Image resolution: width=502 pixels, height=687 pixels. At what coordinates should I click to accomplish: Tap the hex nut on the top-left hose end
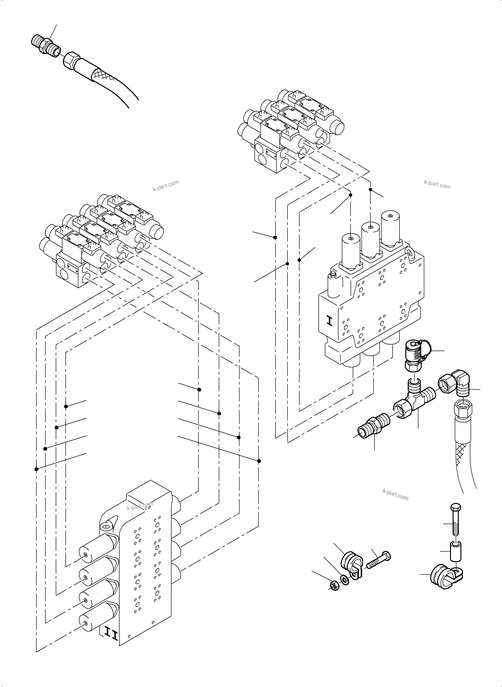coord(72,60)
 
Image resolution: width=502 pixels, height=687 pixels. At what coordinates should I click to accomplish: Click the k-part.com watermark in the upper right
coord(437,184)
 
